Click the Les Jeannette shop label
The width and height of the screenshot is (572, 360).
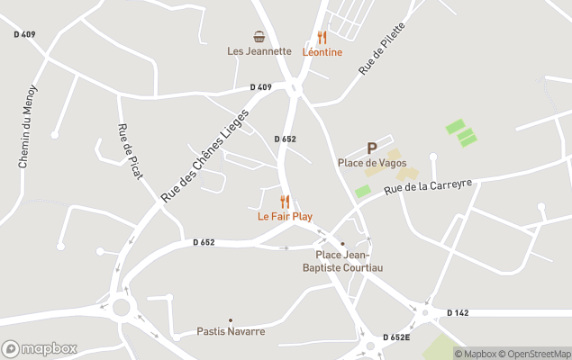click(x=259, y=51)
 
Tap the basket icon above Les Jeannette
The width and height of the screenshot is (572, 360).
click(x=259, y=37)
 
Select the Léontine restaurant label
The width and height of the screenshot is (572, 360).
click(x=322, y=52)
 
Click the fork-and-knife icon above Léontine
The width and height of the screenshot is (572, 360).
click(x=322, y=38)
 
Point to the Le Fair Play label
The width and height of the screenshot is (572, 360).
click(x=285, y=216)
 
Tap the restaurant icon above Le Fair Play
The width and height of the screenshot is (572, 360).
click(x=285, y=202)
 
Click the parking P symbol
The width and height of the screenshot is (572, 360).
click(x=371, y=148)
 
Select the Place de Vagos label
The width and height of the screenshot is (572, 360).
click(x=372, y=163)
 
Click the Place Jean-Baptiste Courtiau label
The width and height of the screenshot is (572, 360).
click(x=342, y=260)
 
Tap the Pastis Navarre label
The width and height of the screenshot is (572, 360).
click(x=231, y=331)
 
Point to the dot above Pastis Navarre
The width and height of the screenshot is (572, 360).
click(x=231, y=319)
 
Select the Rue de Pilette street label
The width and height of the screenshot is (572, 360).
click(x=383, y=49)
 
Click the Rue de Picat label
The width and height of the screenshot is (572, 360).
click(x=130, y=152)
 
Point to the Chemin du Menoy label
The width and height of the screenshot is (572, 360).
click(x=27, y=127)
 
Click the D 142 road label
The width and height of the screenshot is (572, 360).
click(x=459, y=312)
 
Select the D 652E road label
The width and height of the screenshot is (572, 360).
click(x=396, y=337)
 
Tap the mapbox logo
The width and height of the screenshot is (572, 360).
click(x=39, y=348)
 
